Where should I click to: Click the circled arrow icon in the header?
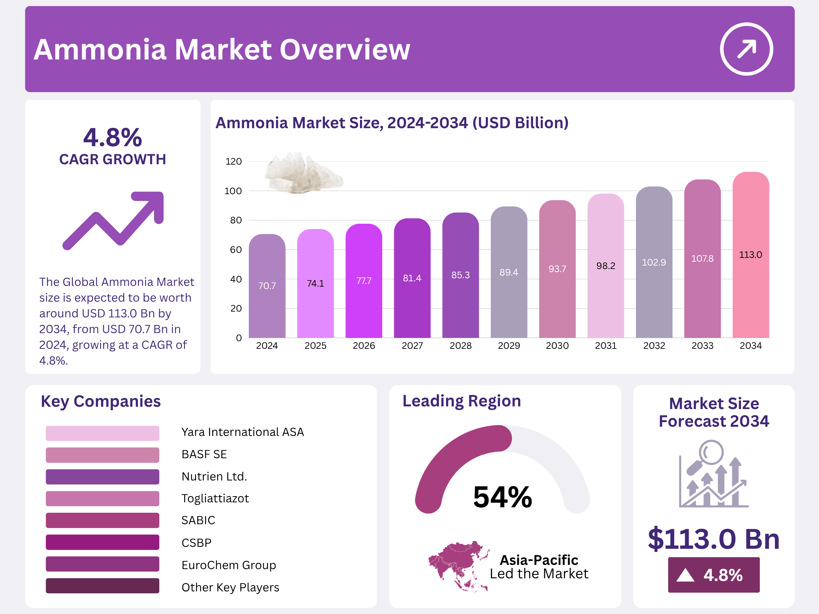pyautogui.click(x=746, y=49)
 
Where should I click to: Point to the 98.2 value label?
pyautogui.click(x=606, y=266)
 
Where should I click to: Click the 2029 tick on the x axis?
pyautogui.click(x=509, y=346)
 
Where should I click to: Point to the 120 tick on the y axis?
pyautogui.click(x=233, y=162)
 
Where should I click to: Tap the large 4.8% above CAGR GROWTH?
pyautogui.click(x=112, y=137)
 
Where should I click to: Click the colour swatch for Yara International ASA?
pyautogui.click(x=102, y=433)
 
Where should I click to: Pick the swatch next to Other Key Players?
pyautogui.click(x=102, y=586)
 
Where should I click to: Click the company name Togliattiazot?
pyautogui.click(x=215, y=498)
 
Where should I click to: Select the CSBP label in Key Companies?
pyautogui.click(x=196, y=543)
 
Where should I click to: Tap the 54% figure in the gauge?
pyautogui.click(x=502, y=497)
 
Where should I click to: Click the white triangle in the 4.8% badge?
pyautogui.click(x=685, y=575)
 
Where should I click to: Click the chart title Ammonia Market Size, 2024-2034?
pyautogui.click(x=392, y=123)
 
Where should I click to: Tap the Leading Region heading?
pyautogui.click(x=462, y=401)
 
